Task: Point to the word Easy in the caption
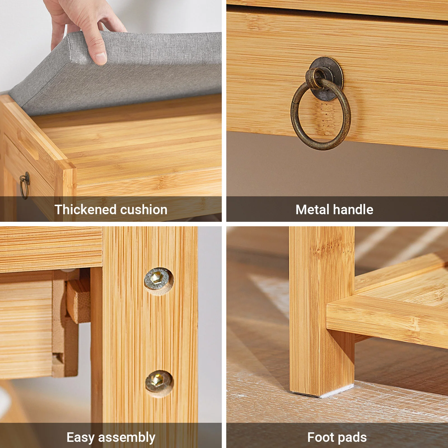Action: coord(80,437)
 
